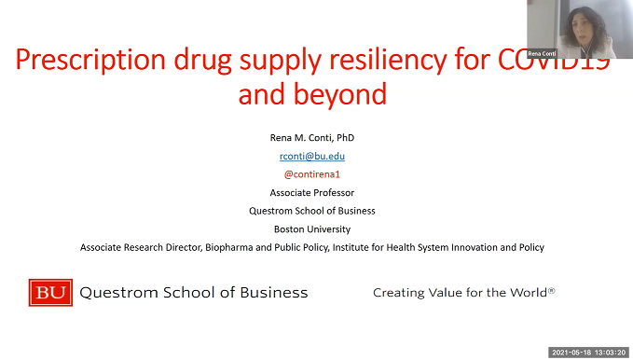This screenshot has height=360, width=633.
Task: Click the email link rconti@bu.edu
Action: point(312,157)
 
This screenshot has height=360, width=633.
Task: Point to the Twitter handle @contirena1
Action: point(312,174)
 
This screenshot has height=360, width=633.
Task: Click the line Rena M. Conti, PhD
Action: point(312,138)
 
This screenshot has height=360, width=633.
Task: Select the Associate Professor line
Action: point(312,192)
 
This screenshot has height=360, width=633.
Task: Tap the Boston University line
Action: point(312,228)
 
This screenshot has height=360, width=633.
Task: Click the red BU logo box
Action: point(50,292)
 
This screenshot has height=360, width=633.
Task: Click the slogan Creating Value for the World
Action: point(463,293)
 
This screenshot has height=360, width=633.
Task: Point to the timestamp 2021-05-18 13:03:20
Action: point(589,353)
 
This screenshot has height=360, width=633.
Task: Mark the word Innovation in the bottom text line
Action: point(463,247)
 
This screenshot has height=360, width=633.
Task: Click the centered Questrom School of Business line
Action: point(312,211)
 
